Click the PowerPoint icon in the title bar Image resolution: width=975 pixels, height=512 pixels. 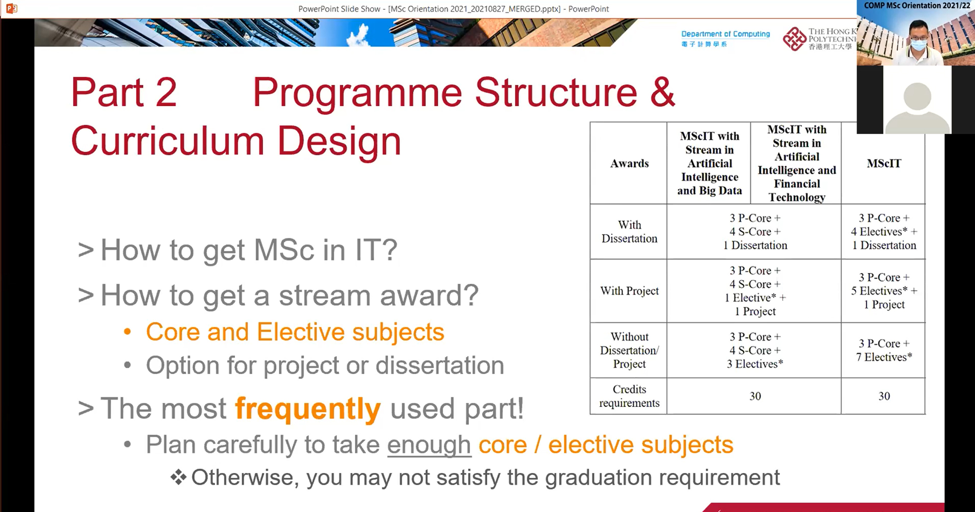pos(12,8)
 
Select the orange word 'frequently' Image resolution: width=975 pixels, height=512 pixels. pos(308,409)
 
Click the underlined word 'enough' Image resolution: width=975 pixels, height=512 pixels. pos(429,445)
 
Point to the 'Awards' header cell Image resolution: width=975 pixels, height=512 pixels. pos(629,163)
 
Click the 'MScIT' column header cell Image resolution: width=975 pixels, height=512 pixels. pos(883,163)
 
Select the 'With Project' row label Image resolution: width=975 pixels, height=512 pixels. pos(629,291)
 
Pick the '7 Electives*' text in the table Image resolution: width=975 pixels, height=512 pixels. pos(883,357)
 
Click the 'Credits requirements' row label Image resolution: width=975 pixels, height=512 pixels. pos(629,396)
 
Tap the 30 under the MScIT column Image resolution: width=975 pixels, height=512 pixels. pos(884,396)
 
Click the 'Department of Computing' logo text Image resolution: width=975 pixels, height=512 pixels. pos(725,34)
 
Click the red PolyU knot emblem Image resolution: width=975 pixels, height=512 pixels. pos(794,39)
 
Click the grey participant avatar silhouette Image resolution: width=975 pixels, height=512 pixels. pos(917,107)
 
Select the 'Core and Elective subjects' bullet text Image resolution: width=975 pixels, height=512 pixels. pos(295,333)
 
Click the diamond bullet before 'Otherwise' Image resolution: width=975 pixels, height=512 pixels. pos(178,477)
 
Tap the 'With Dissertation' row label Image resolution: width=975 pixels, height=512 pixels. pos(629,232)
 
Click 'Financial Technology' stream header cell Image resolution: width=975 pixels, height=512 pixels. pos(797,163)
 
